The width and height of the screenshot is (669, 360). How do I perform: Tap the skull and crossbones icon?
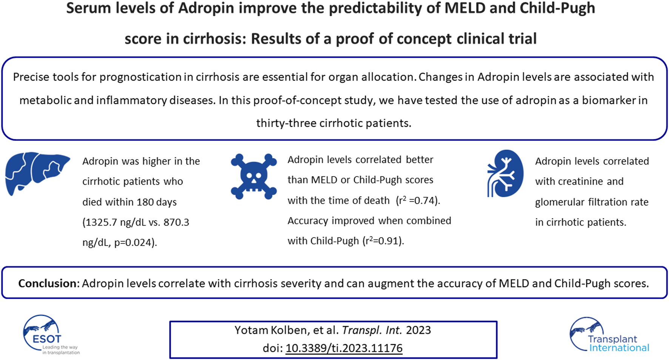[254, 176]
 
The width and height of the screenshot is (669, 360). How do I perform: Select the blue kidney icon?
[505, 174]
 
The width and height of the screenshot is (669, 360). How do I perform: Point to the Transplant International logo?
[609, 335]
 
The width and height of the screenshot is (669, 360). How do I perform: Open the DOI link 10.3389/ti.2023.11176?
[344, 348]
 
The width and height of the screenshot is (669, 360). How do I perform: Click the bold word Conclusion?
[48, 283]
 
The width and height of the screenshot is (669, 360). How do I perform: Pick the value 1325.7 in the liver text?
[101, 222]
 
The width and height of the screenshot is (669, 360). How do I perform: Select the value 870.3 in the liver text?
[176, 222]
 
